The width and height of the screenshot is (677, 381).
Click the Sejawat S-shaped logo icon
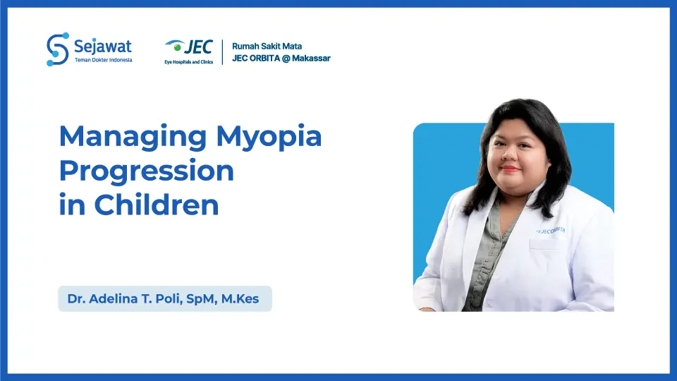57,49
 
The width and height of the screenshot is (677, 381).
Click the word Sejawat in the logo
103,47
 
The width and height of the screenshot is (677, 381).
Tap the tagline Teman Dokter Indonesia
103,60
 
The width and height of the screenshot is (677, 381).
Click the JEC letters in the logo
198,47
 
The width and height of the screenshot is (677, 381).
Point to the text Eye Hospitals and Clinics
189,61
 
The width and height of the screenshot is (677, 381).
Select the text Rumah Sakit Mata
267,46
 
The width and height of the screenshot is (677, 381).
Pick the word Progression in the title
146,171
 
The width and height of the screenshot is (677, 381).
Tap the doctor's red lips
510,169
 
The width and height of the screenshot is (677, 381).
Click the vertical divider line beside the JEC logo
223,52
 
